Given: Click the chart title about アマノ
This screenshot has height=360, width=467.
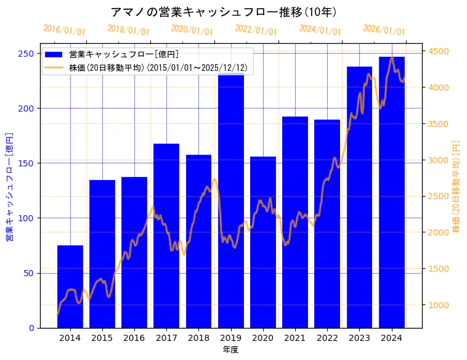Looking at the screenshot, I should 224,12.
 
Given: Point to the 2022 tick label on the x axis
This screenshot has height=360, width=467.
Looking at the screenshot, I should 327,338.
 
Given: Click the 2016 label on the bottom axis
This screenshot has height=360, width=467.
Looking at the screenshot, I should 134,338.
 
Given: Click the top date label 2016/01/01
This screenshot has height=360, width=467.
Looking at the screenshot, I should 64,30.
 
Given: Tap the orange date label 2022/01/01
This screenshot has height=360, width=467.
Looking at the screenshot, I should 256,30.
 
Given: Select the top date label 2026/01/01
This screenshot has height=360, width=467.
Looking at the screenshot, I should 384,30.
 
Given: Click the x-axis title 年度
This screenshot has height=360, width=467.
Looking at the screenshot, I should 230,350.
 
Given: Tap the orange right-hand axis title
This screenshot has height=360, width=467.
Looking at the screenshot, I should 457,186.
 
